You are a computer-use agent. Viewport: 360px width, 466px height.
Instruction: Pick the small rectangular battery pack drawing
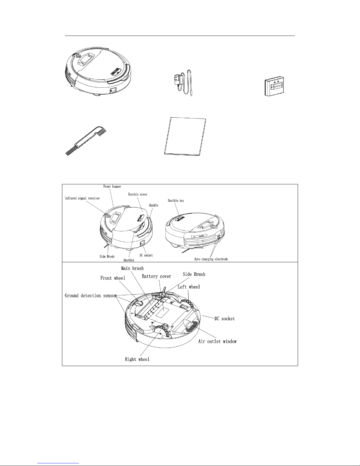pos(275,86)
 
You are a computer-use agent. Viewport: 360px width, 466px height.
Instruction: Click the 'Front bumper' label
pos(112,186)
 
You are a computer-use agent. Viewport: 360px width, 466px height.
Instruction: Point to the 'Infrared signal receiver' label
pos(82,198)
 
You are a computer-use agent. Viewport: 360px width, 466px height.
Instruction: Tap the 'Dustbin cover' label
pos(138,194)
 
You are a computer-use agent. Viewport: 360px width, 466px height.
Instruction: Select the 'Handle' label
pos(154,205)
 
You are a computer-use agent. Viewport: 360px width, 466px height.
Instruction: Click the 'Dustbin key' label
pos(176,201)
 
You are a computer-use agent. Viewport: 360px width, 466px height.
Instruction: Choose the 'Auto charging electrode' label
pos(211,259)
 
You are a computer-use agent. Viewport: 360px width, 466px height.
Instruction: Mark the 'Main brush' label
pos(132,268)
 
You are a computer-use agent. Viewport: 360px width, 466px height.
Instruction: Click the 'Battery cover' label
pos(156,276)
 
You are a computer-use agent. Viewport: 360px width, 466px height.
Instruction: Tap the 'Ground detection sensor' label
pos(91,295)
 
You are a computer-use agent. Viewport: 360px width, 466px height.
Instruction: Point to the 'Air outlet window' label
pos(217,341)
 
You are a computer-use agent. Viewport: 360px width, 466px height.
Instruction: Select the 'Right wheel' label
pos(137,359)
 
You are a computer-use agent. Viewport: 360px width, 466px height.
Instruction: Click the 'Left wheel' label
pos(189,287)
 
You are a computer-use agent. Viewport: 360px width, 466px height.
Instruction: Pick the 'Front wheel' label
pos(113,278)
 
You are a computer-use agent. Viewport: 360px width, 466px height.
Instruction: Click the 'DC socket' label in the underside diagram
pos(225,319)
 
